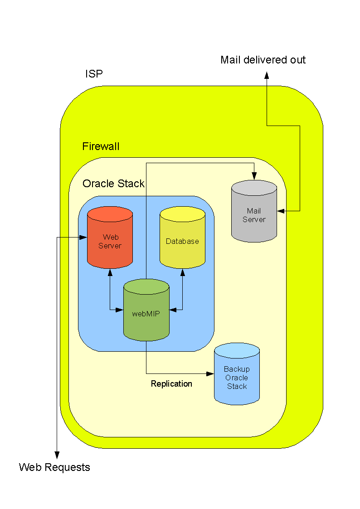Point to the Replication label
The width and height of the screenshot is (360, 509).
pos(171,384)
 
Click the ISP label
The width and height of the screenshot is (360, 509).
pos(94,74)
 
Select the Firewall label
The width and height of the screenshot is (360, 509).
pos(101,146)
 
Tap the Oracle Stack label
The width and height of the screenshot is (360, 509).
pos(113,184)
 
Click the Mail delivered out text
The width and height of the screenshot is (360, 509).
pos(263,60)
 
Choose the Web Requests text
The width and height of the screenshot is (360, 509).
pos(54,467)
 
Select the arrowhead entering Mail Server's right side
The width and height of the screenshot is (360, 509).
pos(281,211)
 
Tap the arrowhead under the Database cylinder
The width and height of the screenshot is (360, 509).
pos(182,272)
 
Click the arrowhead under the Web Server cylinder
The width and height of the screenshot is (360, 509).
pos(110,272)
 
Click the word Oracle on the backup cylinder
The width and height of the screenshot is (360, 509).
pos(237,378)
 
